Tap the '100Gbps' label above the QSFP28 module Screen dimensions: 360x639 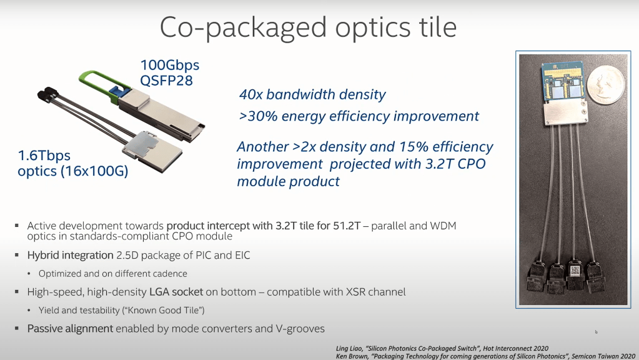[x=169, y=65]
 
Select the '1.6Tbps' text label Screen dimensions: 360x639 [x=44, y=155]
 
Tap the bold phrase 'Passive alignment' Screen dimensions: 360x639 [x=70, y=328]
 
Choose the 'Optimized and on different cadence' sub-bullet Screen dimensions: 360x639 [x=112, y=274]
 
